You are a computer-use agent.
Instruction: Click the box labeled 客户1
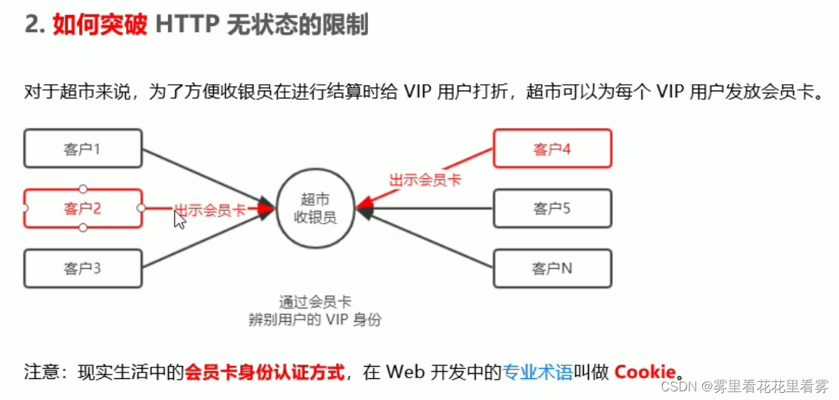pyautogui.click(x=82, y=149)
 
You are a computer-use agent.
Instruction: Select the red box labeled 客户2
pyautogui.click(x=82, y=209)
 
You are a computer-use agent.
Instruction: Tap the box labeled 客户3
pyautogui.click(x=82, y=269)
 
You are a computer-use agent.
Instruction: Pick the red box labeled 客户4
pyautogui.click(x=552, y=149)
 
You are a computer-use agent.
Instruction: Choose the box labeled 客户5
pyautogui.click(x=552, y=209)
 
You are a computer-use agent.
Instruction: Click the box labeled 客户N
pyautogui.click(x=552, y=269)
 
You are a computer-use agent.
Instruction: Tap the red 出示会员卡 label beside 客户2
pyautogui.click(x=210, y=210)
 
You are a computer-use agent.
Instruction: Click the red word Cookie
pyautogui.click(x=645, y=372)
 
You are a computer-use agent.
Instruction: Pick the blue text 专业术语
pyautogui.click(x=537, y=372)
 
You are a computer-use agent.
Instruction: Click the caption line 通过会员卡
pyautogui.click(x=314, y=301)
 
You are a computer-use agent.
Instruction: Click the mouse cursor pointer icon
pyautogui.click(x=179, y=219)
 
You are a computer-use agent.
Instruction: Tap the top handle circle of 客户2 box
pyautogui.click(x=83, y=189)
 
